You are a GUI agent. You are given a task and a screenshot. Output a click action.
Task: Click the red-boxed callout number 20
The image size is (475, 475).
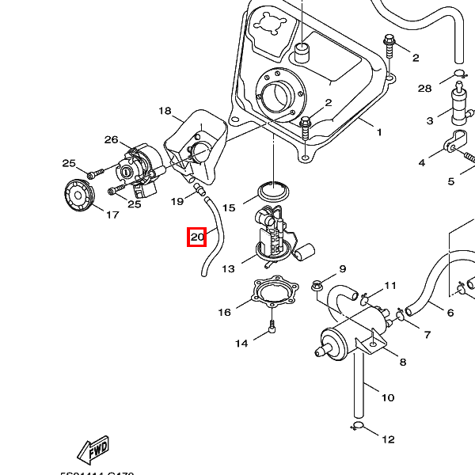[197, 236]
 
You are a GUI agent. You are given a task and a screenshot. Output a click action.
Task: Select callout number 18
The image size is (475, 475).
[165, 111]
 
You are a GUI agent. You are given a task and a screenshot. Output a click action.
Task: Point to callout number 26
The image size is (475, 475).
[111, 139]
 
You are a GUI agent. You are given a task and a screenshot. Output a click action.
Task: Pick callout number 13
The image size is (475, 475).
[228, 268]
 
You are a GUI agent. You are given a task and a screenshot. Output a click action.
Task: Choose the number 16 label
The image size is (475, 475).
[224, 312]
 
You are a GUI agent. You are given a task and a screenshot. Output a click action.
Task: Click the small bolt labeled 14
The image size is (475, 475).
[272, 328]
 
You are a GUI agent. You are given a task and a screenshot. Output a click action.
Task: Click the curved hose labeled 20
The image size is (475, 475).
[213, 234]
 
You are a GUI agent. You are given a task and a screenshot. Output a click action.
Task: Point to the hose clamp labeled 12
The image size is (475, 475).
[358, 429]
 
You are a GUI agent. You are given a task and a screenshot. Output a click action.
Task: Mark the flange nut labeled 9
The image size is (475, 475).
[317, 282]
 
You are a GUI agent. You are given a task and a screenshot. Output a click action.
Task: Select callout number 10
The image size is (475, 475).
[387, 397]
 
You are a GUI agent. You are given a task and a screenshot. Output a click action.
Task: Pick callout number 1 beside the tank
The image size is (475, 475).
[378, 131]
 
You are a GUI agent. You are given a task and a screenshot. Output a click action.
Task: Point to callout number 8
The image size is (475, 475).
[402, 362]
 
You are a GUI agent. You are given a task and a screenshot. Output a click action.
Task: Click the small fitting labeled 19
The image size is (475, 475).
[200, 189]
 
